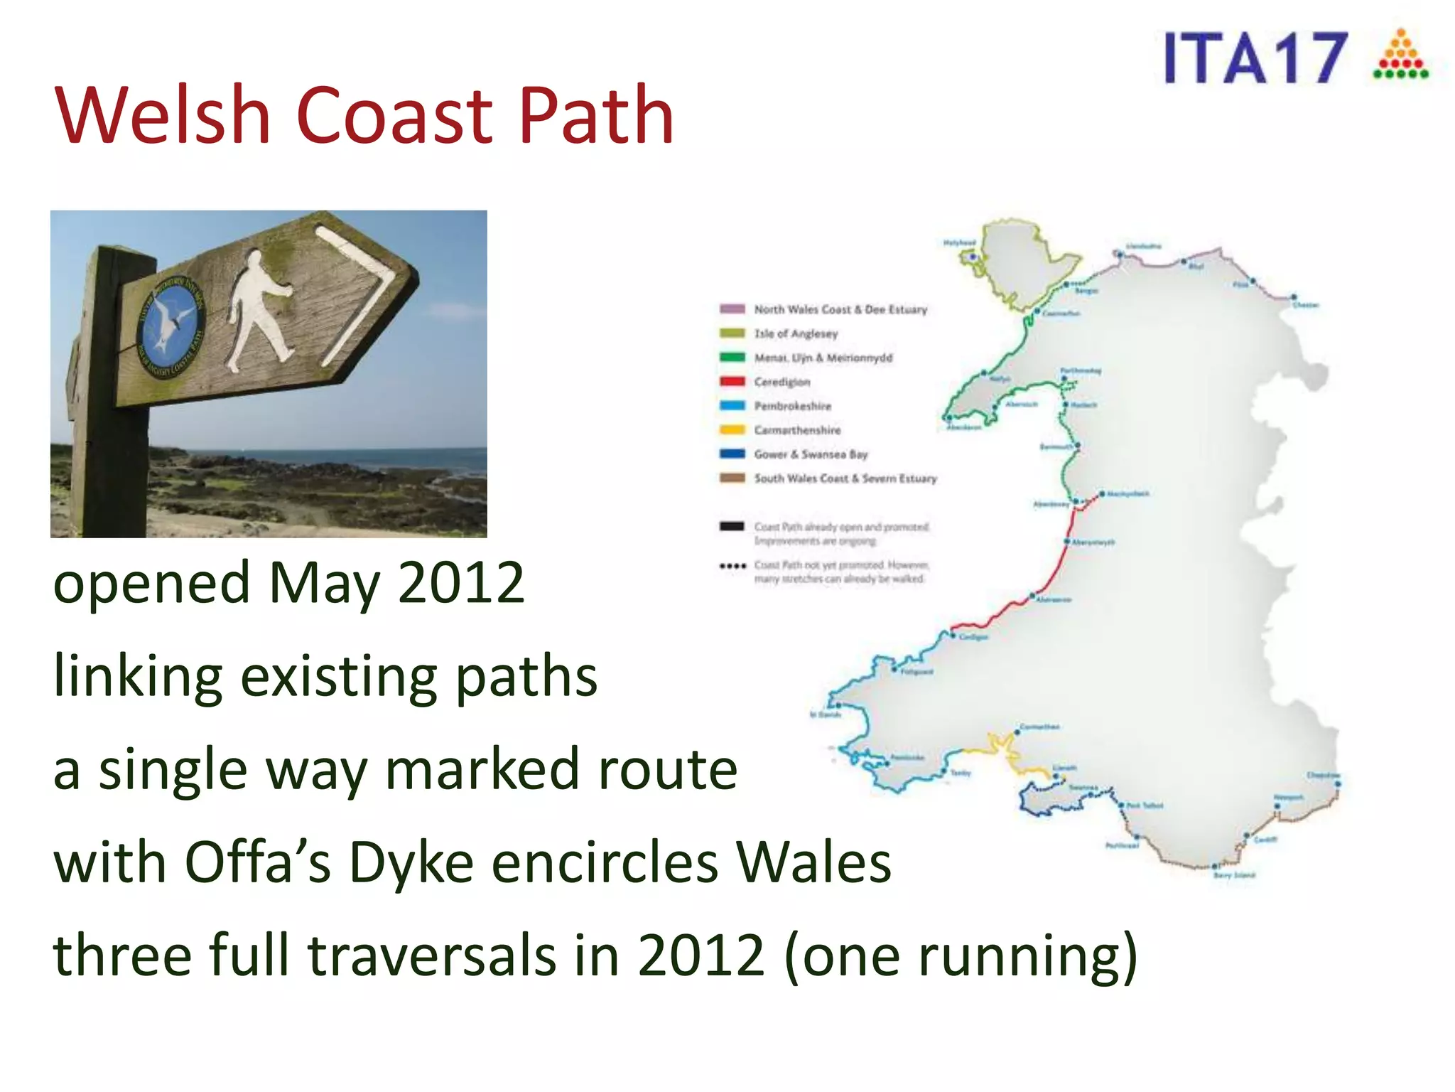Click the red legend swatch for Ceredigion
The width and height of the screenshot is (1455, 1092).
(732, 382)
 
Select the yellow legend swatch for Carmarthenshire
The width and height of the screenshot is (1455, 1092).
(732, 430)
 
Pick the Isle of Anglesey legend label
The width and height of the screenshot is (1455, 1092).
(796, 333)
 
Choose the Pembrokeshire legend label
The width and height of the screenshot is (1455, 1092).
(792, 406)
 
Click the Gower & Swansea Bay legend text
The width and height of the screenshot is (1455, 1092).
(811, 454)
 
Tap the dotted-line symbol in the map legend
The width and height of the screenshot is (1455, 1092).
(732, 567)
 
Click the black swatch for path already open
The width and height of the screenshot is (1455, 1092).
(732, 527)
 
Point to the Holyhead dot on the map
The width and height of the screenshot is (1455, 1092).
(973, 257)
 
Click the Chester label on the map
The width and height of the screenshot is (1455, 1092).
(1305, 306)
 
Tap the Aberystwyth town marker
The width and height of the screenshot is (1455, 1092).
(1066, 542)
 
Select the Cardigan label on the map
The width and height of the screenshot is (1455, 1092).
(973, 638)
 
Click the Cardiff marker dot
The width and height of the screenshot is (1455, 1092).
(1246, 837)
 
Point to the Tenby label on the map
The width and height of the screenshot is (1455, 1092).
(961, 773)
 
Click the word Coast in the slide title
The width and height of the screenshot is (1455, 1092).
(395, 116)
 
